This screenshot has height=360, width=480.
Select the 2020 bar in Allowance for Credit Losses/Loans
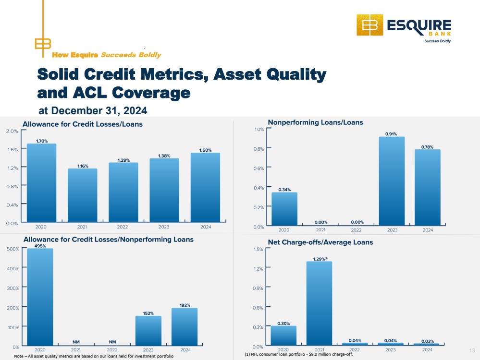[x=41, y=184]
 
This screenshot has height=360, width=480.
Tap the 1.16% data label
[x=82, y=166]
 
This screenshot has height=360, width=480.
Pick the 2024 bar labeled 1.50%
[x=205, y=188]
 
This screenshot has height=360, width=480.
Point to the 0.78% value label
[x=427, y=146]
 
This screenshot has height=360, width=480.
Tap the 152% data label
[x=148, y=313]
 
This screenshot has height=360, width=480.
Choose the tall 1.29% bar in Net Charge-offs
[x=320, y=303]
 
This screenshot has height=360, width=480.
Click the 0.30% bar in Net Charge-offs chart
[x=283, y=336]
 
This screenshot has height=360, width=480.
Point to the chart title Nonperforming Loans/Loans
[x=315, y=122]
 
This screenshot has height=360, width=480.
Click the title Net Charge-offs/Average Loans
[x=320, y=242]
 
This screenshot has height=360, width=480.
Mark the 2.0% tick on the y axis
[x=12, y=131]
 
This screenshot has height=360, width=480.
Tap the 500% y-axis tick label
[x=12, y=249]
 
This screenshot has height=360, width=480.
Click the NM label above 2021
[x=76, y=342]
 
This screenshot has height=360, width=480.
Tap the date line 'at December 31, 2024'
[x=92, y=111]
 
